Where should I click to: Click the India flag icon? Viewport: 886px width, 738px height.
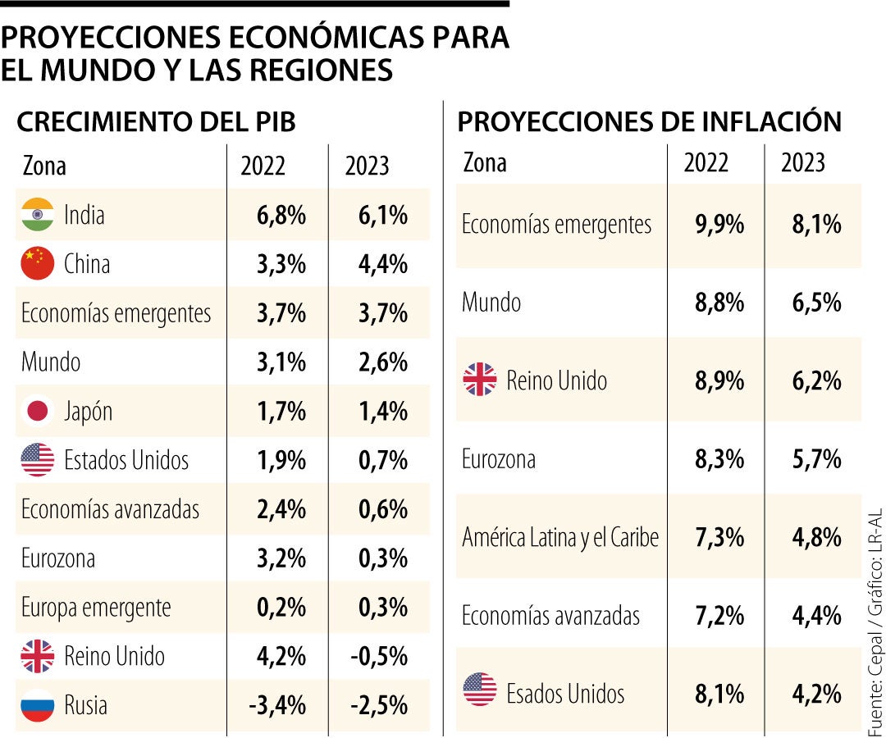[x=38, y=215]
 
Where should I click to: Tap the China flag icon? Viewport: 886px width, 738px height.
[x=38, y=264]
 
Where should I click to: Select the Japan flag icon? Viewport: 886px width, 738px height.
[x=38, y=411]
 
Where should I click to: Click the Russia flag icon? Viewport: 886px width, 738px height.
[x=38, y=705]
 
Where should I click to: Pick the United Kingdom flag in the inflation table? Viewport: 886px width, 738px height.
[x=480, y=380]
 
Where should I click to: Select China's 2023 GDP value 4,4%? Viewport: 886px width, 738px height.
[x=382, y=264]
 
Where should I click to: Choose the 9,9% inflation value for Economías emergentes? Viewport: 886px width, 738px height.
[x=719, y=225]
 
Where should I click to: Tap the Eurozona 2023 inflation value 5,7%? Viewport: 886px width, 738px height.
[x=816, y=459]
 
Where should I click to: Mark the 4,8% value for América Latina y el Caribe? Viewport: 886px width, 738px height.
[x=816, y=538]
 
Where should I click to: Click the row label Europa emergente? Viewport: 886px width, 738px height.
[x=96, y=608]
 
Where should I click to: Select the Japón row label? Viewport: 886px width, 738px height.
[x=88, y=411]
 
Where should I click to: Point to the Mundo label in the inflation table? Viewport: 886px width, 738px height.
[x=491, y=303]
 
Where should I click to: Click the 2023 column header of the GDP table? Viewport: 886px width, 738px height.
[x=367, y=166]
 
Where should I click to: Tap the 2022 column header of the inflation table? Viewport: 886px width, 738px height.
[x=706, y=162]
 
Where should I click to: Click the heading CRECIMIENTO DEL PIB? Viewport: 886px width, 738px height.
[x=156, y=122]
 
